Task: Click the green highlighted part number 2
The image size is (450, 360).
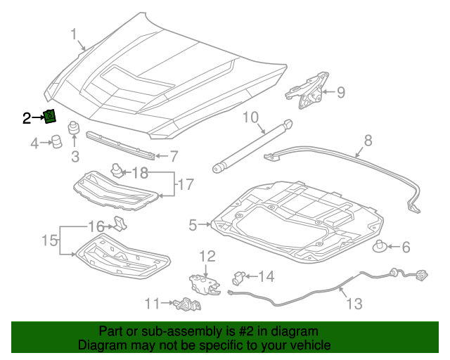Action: [x=50, y=117]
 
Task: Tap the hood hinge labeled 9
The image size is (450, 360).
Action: [x=309, y=89]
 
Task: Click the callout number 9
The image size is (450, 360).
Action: [x=340, y=92]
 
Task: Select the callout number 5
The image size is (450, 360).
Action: [x=193, y=225]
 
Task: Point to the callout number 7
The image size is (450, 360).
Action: [x=174, y=155]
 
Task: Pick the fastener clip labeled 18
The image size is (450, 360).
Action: [x=116, y=169]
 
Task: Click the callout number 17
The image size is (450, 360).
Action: [x=185, y=185]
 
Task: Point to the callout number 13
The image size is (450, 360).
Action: [x=354, y=304]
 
